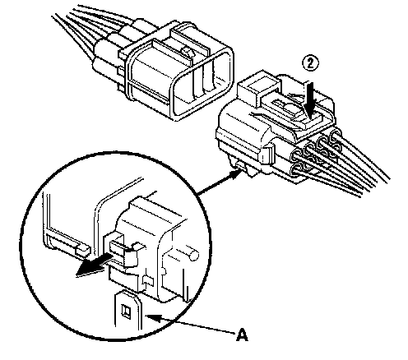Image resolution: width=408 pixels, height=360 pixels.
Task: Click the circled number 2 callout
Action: tap(310, 64)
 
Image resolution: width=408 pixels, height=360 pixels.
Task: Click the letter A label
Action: tap(242, 335)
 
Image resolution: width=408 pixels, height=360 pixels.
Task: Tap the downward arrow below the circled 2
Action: tap(311, 100)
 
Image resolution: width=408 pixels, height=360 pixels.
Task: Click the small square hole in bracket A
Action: tap(127, 312)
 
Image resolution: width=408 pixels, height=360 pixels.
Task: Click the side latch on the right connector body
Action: tap(269, 154)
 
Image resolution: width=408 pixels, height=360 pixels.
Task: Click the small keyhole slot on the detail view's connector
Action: tap(148, 280)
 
